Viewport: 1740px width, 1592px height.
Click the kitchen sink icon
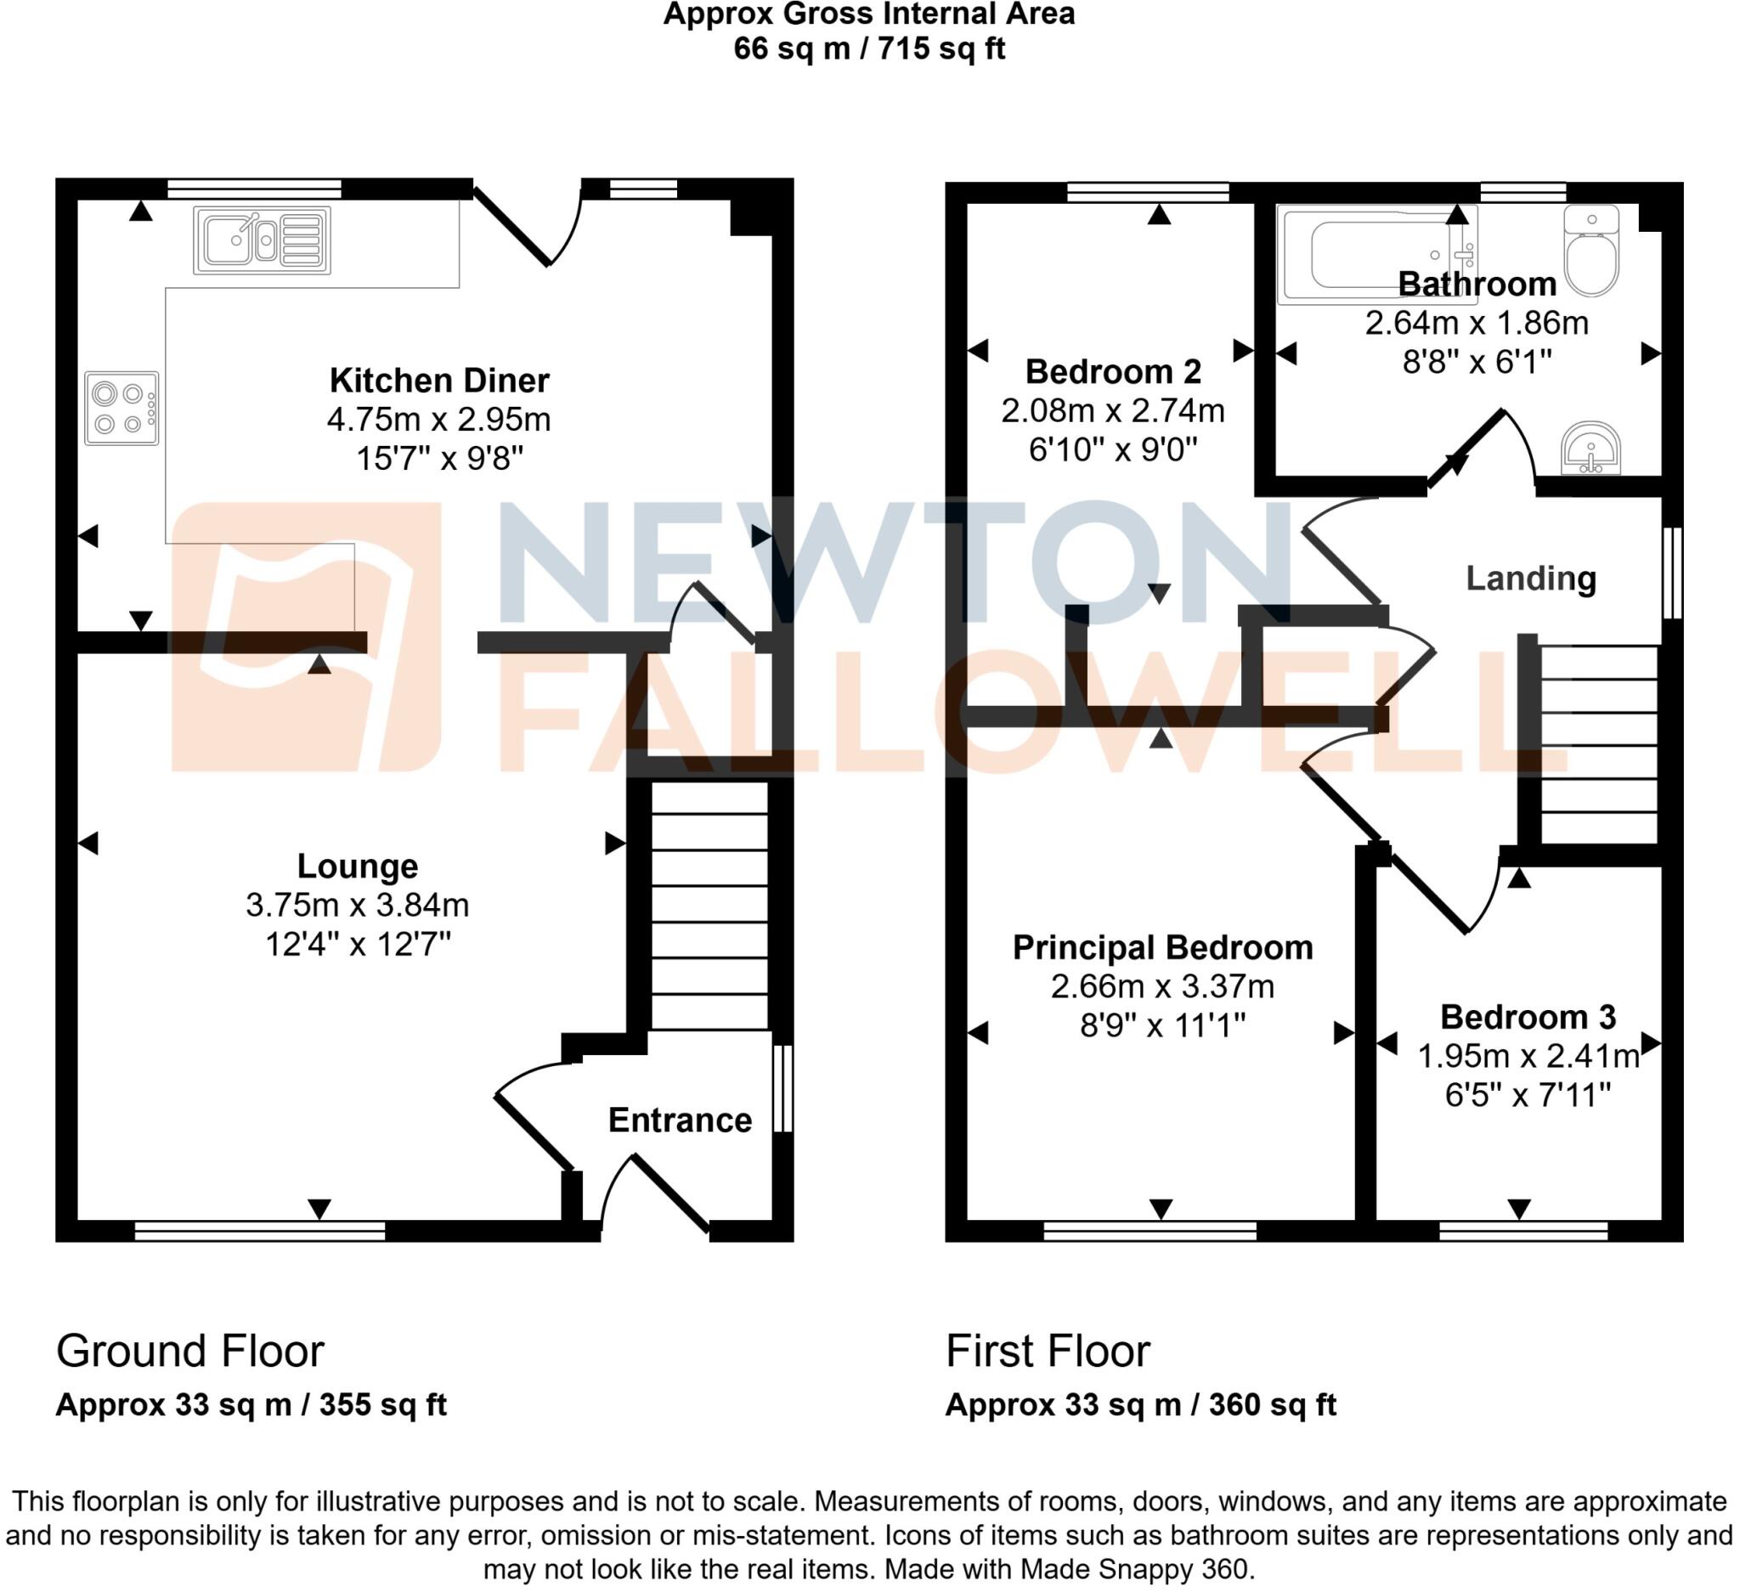[x=262, y=240]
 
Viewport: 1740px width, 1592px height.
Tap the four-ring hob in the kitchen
[x=121, y=408]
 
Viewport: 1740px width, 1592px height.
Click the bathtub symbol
[x=1376, y=255]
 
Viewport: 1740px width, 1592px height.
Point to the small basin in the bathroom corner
[x=1590, y=449]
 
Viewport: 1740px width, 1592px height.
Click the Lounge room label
[x=358, y=866]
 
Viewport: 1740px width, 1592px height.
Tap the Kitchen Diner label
[x=439, y=380]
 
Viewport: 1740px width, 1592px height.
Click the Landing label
[x=1530, y=578]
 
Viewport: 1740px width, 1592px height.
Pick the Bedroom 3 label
[x=1527, y=1017]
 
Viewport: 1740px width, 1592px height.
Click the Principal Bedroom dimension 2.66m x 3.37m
[x=1161, y=985]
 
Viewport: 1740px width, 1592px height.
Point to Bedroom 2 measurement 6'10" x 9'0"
[x=1113, y=449]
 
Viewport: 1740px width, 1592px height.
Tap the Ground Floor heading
[x=189, y=1352]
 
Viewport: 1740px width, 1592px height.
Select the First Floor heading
[x=1047, y=1352]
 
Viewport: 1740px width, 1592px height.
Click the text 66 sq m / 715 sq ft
[x=868, y=48]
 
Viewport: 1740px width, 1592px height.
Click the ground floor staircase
[x=709, y=906]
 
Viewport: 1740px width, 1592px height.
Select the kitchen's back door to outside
[x=527, y=229]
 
